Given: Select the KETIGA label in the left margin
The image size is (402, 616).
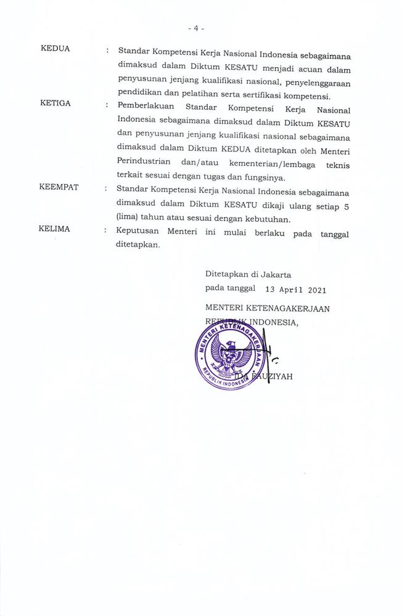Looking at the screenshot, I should (x=55, y=103).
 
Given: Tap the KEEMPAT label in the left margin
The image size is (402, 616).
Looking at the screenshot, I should (x=59, y=187).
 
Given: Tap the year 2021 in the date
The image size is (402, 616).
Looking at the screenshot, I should (x=313, y=289).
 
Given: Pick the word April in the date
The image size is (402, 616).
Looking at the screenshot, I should (x=283, y=289).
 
